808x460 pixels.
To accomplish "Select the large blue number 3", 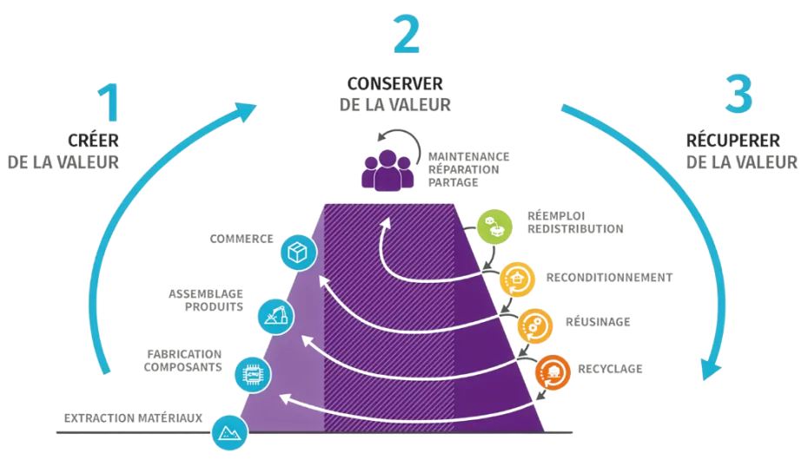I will point(734,95).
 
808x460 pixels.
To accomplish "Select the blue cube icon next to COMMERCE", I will point(297,251).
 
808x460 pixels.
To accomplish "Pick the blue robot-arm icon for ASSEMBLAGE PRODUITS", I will point(275,315).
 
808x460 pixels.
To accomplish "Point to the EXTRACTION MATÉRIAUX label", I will point(132,418).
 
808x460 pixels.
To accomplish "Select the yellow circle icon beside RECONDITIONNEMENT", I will point(516,278).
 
